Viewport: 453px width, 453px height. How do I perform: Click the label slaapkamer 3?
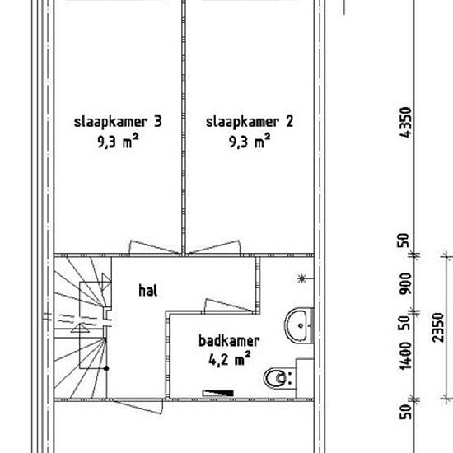pyautogui.click(x=118, y=122)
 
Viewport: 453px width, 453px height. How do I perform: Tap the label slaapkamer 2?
pyautogui.click(x=250, y=122)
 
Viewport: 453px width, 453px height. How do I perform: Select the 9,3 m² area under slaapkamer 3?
pyautogui.click(x=118, y=141)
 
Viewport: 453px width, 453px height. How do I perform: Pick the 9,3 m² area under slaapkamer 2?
pyautogui.click(x=250, y=141)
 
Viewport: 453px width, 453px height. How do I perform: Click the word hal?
pyautogui.click(x=148, y=291)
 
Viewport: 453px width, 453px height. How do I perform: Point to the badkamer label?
pyautogui.click(x=229, y=341)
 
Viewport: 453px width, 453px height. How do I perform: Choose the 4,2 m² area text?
pyautogui.click(x=229, y=359)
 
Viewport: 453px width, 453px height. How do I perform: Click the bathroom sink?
pyautogui.click(x=298, y=325)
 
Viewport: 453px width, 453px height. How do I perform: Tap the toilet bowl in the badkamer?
pyautogui.click(x=278, y=378)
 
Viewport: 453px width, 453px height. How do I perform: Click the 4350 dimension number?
pyautogui.click(x=405, y=123)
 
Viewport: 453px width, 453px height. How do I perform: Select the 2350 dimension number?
pyautogui.click(x=438, y=327)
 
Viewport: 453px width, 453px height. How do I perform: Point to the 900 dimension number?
pyautogui.click(x=405, y=283)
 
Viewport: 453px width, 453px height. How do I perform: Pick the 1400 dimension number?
pyautogui.click(x=405, y=356)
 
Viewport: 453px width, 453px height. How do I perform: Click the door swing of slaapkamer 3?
pyautogui.click(x=153, y=247)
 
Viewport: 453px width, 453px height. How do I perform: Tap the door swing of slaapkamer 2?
pyautogui.click(x=215, y=247)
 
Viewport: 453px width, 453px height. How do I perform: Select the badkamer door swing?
pyautogui.click(x=228, y=306)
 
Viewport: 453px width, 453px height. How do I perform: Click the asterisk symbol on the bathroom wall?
pyautogui.click(x=301, y=278)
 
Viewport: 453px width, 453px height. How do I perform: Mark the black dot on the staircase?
pyautogui.click(x=106, y=368)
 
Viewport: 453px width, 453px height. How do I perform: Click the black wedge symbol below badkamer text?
pyautogui.click(x=218, y=393)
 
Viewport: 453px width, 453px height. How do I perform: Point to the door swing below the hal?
pyautogui.click(x=138, y=407)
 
